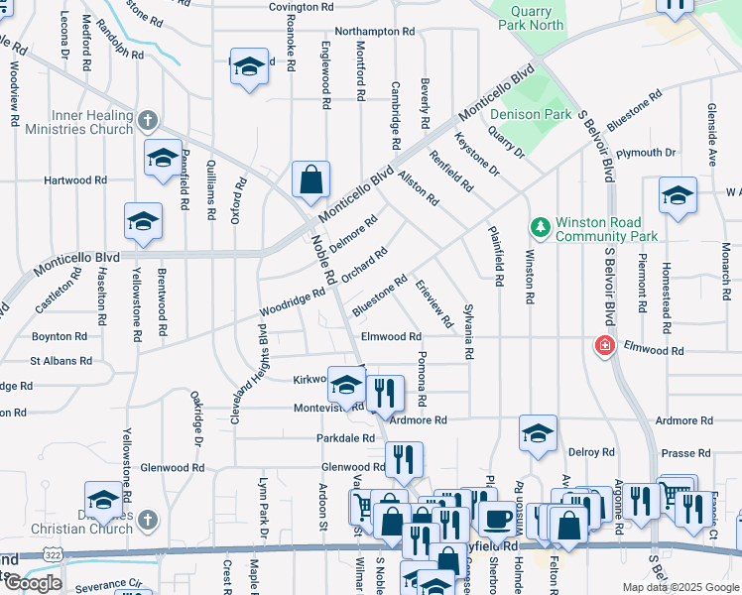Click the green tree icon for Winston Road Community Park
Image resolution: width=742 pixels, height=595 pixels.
[541, 229]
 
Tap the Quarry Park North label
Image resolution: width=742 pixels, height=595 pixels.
[538, 18]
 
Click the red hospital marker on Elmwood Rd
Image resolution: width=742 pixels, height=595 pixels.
[603, 346]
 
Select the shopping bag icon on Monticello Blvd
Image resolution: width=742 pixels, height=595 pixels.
[310, 179]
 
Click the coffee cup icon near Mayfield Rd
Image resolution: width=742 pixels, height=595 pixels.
[496, 518]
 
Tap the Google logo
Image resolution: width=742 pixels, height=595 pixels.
[34, 583]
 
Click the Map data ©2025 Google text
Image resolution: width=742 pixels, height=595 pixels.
[680, 587]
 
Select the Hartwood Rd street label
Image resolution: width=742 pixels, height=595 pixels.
[74, 180]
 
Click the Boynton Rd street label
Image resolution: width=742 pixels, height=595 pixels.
[59, 336]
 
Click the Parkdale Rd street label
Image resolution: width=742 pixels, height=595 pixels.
[345, 437]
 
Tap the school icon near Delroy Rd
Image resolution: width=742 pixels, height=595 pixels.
[538, 433]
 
